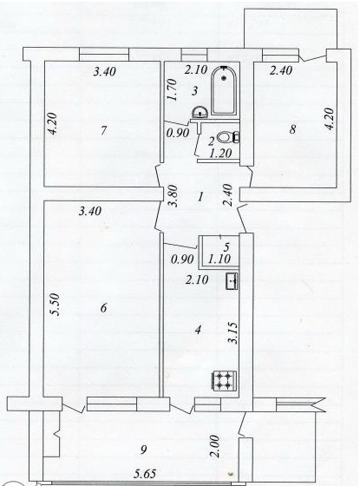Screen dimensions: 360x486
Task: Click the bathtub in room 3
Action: pos(224,90)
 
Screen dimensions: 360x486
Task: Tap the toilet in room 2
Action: pos(227,137)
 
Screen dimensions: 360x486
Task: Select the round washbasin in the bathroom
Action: pos(200,112)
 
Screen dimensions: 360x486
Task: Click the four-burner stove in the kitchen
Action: pos(225,380)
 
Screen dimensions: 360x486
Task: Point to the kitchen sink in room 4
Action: pos(232,281)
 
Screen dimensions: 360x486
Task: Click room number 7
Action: pos(103,131)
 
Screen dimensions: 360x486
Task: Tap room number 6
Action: pos(103,308)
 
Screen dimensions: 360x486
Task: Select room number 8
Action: pos(292,129)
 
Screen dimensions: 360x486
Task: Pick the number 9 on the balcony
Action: pos(143,450)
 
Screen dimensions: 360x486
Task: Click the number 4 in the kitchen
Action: pos(198,330)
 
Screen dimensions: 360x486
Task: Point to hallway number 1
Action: pos(200,196)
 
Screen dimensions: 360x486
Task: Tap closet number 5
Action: pos(226,247)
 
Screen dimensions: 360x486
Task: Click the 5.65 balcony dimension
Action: pos(145,474)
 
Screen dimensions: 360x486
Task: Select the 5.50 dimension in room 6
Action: pos(56,305)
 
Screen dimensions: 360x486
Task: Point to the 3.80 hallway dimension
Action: pos(173,196)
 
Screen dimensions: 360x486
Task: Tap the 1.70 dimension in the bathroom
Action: pos(172,90)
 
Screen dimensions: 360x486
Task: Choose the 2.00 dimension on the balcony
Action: pos(215,447)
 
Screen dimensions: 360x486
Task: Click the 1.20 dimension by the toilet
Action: pos(220,153)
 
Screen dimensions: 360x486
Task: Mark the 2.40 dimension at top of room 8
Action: pos(281,70)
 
